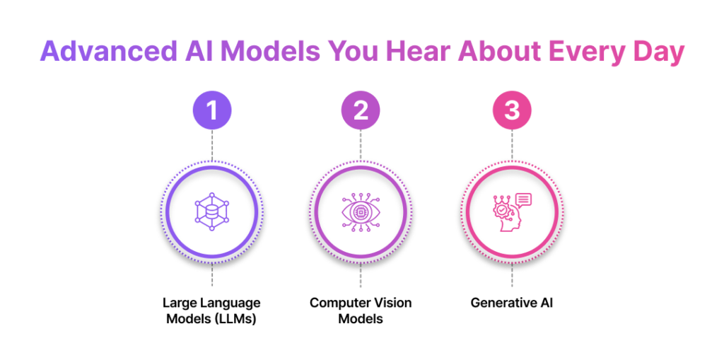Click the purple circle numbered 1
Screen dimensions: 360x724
211,111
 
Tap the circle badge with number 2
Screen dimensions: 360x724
361,111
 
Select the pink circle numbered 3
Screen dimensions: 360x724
511,111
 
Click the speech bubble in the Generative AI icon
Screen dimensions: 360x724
523,201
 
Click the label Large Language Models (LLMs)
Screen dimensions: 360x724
211,310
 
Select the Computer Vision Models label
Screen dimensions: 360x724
361,310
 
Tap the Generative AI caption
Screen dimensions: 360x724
511,303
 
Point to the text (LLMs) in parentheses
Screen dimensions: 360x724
238,318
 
